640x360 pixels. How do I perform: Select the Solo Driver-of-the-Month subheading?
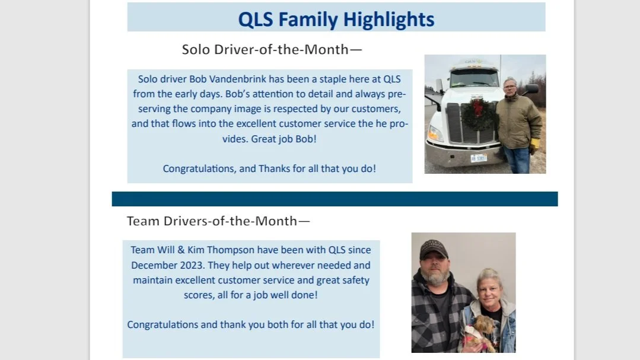click(x=272, y=49)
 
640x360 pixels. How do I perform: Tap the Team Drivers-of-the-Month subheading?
click(x=218, y=221)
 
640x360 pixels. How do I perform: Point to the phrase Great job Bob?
click(x=282, y=139)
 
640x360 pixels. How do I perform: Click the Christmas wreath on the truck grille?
click(x=479, y=114)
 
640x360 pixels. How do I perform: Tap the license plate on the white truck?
click(x=478, y=158)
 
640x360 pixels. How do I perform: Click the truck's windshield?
click(x=474, y=78)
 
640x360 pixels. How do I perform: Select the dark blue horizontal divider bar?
click(x=335, y=199)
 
